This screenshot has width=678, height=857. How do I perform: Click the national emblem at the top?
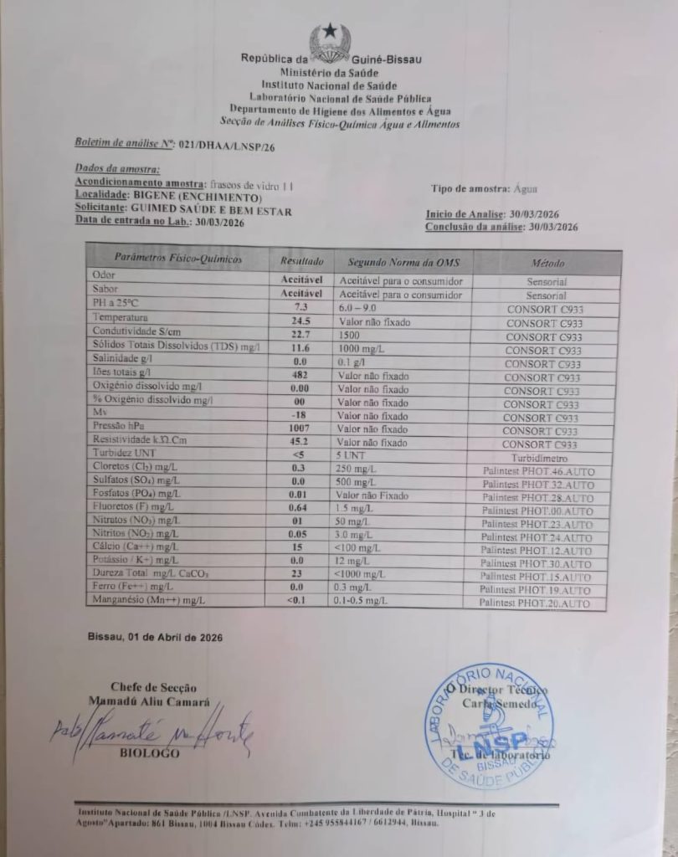330,42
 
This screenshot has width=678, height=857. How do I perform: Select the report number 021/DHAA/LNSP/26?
226,145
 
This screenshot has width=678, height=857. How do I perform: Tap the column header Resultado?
301,261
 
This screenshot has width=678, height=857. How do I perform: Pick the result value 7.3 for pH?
301,308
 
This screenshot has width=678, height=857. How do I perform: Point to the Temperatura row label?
121,318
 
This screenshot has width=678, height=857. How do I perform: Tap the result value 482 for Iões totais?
301,374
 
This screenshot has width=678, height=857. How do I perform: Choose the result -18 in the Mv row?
300,415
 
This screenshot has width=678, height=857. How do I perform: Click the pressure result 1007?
300,428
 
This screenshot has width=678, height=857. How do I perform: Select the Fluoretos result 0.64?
300,507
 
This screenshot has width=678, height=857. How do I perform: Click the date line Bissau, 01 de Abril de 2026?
155,637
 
